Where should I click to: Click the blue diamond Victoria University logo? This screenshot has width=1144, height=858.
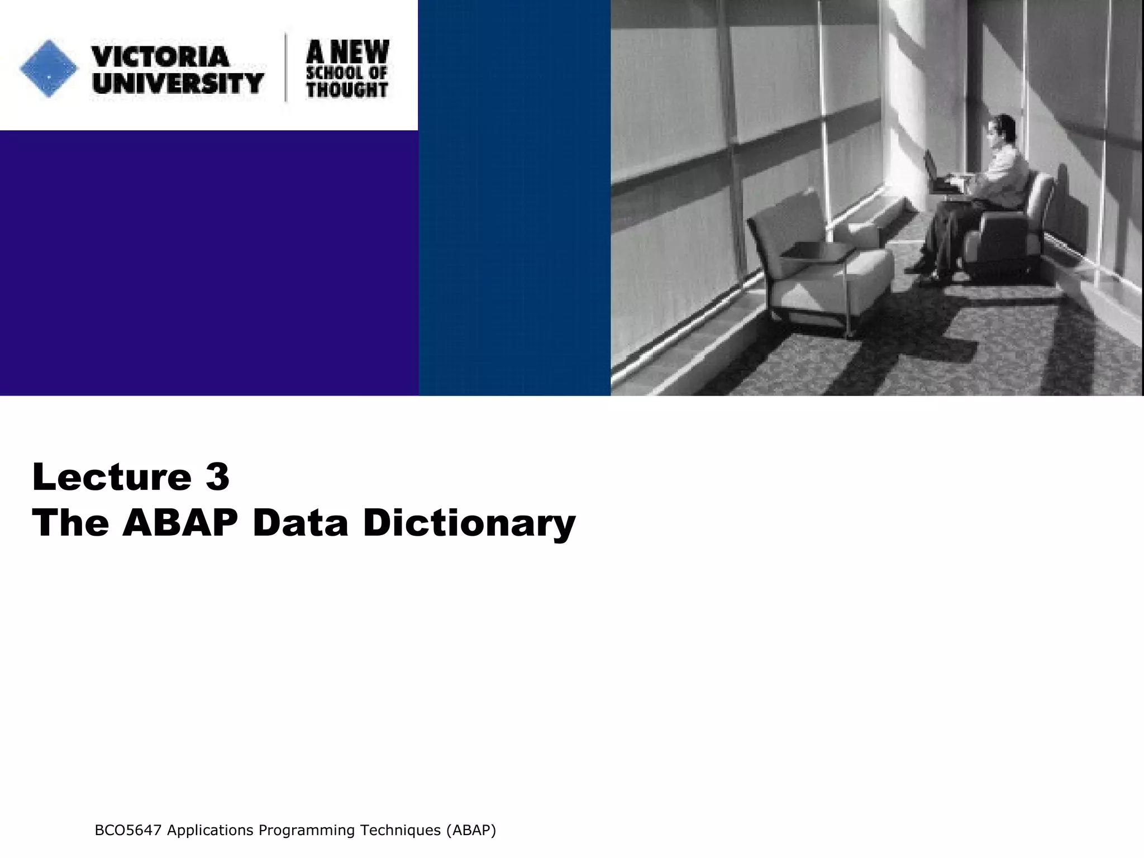coord(49,69)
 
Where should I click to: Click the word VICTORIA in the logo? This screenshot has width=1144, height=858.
coord(160,56)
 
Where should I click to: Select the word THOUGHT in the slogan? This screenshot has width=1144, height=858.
coord(347,89)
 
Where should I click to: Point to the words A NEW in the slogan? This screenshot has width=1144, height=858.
coord(347,52)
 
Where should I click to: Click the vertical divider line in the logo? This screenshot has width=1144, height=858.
coord(287,68)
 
